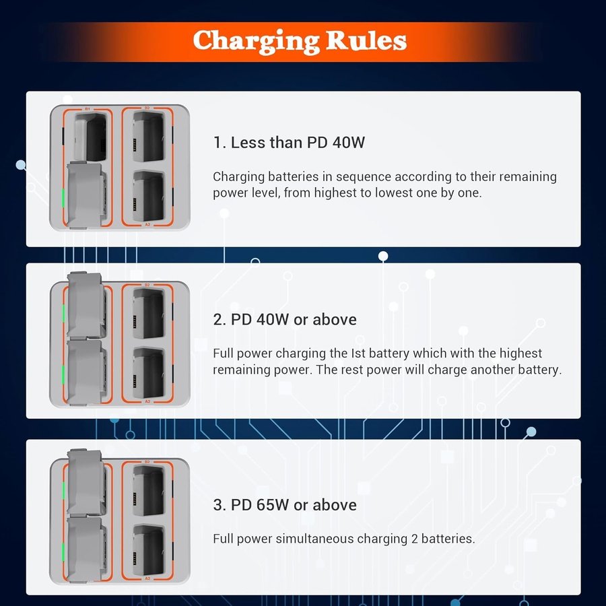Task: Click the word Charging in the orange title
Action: [256, 41]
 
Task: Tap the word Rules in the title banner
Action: [366, 40]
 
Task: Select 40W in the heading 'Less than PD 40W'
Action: [348, 142]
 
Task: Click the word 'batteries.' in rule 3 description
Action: [448, 539]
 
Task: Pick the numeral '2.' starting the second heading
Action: [220, 320]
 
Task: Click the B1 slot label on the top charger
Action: [88, 109]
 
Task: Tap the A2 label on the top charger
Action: [147, 224]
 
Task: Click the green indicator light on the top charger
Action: [63, 198]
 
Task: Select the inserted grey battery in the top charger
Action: [86, 195]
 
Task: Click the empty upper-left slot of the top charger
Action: [90, 137]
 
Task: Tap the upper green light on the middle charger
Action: [63, 313]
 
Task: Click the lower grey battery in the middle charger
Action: [86, 372]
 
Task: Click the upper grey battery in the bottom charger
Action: [86, 481]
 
